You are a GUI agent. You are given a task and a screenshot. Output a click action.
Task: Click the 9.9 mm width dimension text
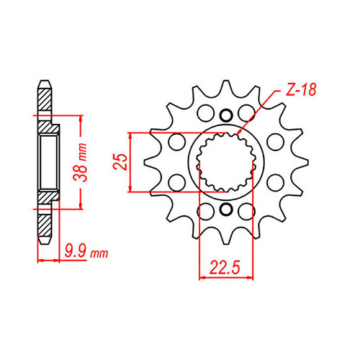(84, 252)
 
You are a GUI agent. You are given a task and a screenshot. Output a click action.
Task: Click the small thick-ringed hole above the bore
(226, 114)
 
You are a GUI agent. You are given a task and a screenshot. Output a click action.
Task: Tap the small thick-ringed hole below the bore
(226, 210)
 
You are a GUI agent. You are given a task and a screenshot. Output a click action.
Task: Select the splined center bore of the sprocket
(225, 162)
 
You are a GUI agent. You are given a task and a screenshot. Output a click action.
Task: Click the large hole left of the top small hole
(204, 114)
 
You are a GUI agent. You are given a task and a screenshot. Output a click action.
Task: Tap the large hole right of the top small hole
(247, 114)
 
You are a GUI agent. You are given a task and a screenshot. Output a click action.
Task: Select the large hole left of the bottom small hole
(204, 210)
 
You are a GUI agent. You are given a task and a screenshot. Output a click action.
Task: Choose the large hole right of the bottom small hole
(247, 210)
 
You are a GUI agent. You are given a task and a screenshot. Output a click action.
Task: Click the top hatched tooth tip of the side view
(45, 90)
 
